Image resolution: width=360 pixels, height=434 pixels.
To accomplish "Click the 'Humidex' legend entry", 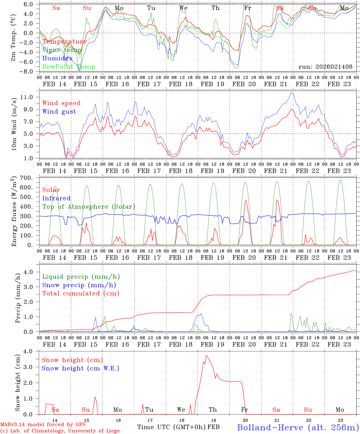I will click(57, 58).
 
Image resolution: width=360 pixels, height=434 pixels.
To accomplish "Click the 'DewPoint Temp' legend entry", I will click(69, 67).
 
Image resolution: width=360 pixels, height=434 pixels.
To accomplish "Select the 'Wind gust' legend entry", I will click(59, 112).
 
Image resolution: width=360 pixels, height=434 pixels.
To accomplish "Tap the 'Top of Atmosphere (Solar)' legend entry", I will click(89, 207).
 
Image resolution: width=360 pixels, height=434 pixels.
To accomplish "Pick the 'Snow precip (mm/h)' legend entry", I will click(79, 285).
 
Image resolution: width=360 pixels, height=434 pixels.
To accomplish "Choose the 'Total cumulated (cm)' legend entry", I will click(81, 293).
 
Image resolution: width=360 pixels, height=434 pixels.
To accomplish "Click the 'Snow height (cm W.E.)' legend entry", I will click(80, 368).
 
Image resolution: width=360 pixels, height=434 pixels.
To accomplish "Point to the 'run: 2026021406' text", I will click(325, 67).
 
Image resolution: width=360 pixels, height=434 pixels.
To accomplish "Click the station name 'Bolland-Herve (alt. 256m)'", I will click(298, 427).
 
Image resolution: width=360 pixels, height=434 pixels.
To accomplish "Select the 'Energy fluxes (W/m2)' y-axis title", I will click(14, 212).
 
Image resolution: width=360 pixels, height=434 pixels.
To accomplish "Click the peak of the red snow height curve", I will click(206, 355).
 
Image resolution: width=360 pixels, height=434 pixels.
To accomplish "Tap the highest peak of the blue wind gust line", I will click(291, 93).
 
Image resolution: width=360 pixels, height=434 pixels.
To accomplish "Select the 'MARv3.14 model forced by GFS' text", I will click(43, 425).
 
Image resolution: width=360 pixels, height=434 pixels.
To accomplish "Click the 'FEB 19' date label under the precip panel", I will click(212, 344).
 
